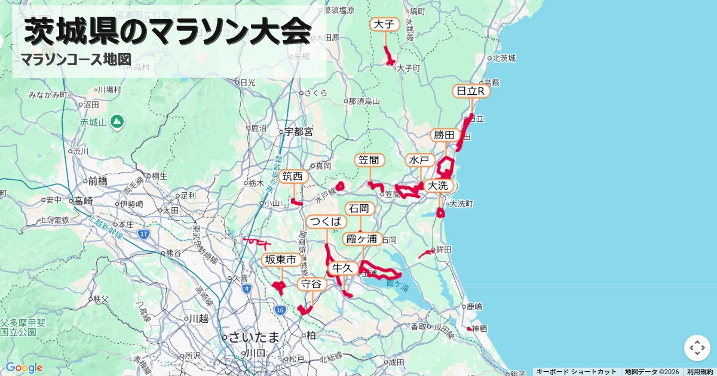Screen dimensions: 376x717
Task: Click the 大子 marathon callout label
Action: [385, 24]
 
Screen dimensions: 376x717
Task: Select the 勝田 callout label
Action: [445, 135]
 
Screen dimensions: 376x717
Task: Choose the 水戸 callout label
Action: [421, 161]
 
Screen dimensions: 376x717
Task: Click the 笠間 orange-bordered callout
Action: [370, 161]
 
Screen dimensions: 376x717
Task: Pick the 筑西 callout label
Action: [294, 177]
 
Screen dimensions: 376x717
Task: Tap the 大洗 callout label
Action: [438, 186]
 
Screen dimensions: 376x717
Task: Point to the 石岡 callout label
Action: [360, 209]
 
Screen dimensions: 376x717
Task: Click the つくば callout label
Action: [326, 222]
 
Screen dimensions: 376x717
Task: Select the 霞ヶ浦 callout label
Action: [363, 239]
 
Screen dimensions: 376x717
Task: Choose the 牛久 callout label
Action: [344, 268]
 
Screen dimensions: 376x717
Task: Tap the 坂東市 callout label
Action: [281, 260]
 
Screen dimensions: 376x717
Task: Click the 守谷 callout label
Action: [312, 284]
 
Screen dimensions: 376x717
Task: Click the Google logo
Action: [24, 368]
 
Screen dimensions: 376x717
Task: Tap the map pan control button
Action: [697, 347]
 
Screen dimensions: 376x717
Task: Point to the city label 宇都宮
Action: [299, 132]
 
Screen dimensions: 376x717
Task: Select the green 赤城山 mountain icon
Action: [118, 122]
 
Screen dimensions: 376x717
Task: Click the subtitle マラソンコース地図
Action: [76, 60]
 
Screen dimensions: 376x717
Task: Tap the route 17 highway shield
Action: [143, 234]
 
